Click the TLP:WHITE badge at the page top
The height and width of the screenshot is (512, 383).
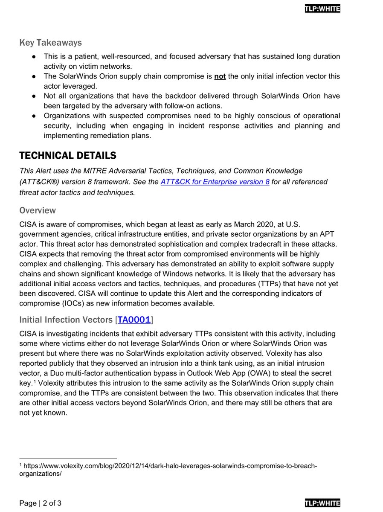[x=322, y=9]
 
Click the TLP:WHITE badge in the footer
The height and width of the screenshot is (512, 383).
[x=322, y=503]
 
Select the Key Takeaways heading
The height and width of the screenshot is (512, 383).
[x=50, y=43]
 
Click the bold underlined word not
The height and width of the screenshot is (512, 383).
[x=220, y=76]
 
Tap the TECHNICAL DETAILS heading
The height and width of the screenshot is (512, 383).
[x=68, y=155]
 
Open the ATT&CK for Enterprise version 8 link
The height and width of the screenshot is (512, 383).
[x=215, y=182]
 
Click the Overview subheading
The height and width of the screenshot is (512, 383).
[x=38, y=210]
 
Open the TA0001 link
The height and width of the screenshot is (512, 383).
[x=134, y=320]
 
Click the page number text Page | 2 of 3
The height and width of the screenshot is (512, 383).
[x=41, y=503]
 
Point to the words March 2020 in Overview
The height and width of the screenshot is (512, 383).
[x=233, y=224]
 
